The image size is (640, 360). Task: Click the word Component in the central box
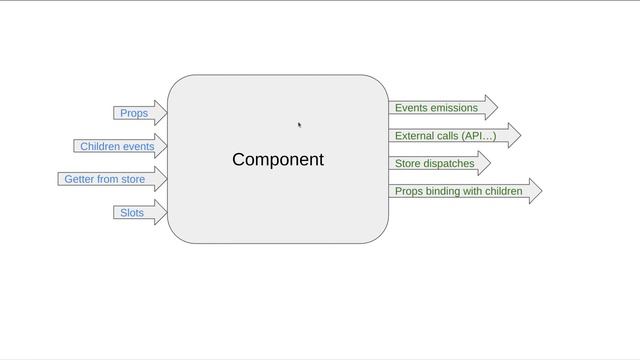click(x=278, y=160)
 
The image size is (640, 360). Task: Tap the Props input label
click(x=134, y=113)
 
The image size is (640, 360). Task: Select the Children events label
click(x=117, y=146)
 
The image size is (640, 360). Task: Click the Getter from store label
click(x=105, y=179)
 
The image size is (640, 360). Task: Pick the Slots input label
click(x=132, y=213)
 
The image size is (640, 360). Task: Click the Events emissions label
click(x=436, y=108)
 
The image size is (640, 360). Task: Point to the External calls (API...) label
click(x=445, y=136)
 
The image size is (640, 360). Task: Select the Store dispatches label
click(x=434, y=164)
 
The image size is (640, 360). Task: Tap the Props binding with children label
click(x=458, y=191)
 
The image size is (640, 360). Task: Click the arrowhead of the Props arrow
click(x=160, y=113)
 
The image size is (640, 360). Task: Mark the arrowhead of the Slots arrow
click(x=160, y=212)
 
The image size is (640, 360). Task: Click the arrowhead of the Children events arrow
click(x=160, y=146)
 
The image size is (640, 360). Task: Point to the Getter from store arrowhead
click(x=160, y=179)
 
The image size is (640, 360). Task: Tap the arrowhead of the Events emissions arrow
click(x=490, y=108)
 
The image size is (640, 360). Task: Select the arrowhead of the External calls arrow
click(x=514, y=136)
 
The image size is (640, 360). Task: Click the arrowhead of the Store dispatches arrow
click(x=483, y=163)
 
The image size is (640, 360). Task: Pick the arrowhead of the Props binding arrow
click(x=535, y=191)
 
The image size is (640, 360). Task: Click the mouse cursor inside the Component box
click(x=299, y=125)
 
